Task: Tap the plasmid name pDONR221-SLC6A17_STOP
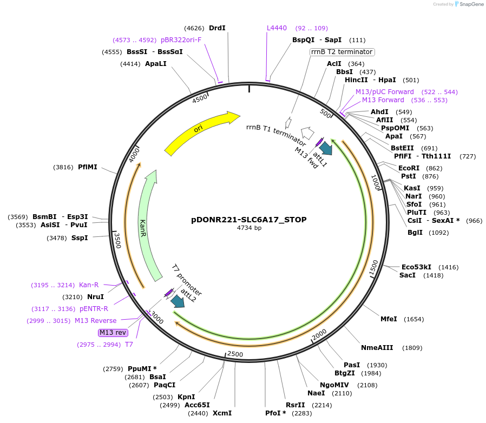[x=249, y=220]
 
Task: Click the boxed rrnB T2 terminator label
[x=342, y=52]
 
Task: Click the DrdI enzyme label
[x=217, y=28]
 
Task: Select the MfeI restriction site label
[x=389, y=319]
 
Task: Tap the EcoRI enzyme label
[x=409, y=168]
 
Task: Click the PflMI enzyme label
[x=88, y=167]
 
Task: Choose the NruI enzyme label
[x=95, y=297]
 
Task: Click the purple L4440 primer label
[x=277, y=28]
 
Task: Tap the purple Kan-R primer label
[x=89, y=285]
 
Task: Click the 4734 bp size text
[x=249, y=228]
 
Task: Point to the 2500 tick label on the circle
[x=235, y=354]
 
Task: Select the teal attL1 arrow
[x=326, y=148]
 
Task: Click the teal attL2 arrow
[x=177, y=301]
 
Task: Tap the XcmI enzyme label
[x=222, y=413]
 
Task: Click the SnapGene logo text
[x=470, y=4]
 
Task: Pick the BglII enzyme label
[x=416, y=233]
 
